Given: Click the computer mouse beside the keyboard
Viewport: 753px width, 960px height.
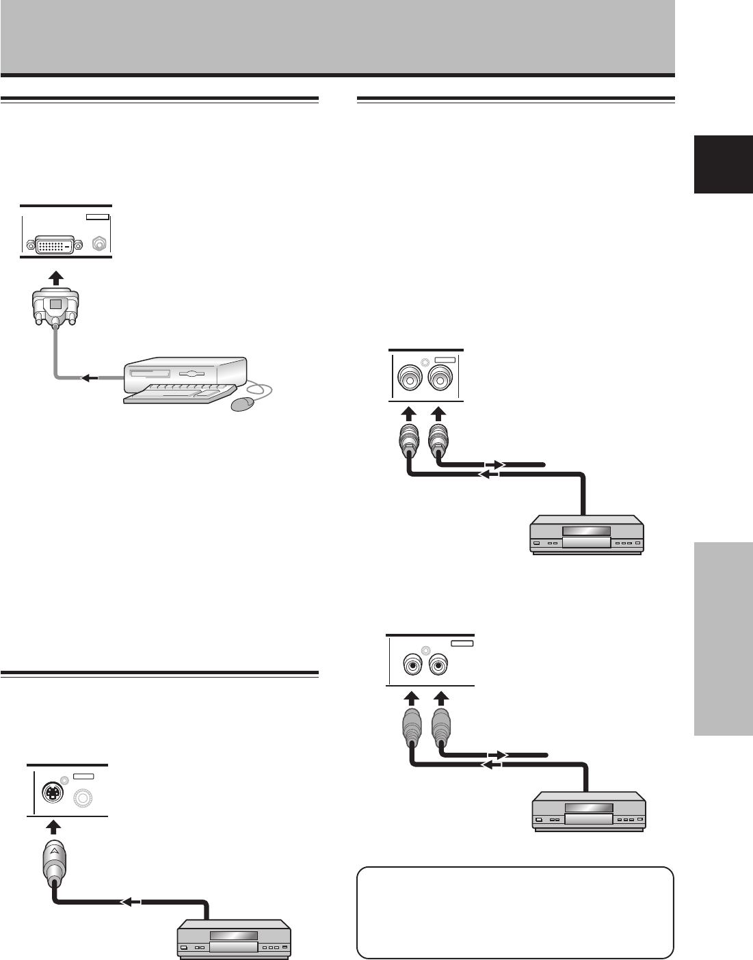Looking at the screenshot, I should point(245,404).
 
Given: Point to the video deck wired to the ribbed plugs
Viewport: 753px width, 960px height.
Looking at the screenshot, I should point(587,536).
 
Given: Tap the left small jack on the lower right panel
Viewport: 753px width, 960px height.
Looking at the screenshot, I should point(412,663).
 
